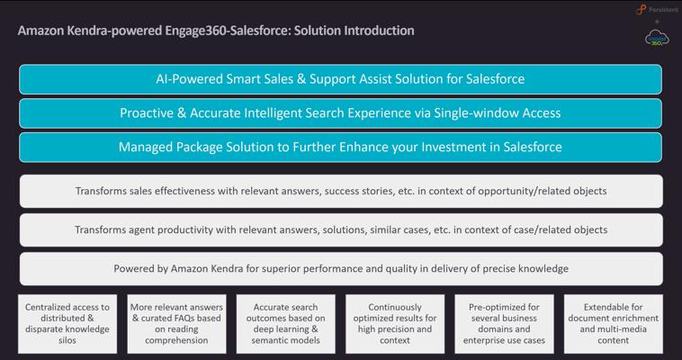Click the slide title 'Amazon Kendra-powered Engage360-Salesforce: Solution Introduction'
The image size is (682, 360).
[216, 31]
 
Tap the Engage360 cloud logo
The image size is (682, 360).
[657, 39]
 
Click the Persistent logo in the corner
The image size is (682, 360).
[657, 10]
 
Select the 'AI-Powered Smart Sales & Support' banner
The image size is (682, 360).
[341, 79]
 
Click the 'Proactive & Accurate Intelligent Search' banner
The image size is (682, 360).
[341, 113]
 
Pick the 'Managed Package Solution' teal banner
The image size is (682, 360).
[341, 147]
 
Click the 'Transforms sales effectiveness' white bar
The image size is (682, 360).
[341, 191]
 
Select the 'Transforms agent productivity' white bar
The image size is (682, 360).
[341, 229]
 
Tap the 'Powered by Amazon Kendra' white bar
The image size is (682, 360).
[341, 268]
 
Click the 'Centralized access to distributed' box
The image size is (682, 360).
[67, 324]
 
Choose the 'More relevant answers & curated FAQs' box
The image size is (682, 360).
[176, 324]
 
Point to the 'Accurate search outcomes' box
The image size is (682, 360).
[286, 324]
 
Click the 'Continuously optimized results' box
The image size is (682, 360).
[395, 324]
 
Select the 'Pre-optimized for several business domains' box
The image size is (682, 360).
[504, 324]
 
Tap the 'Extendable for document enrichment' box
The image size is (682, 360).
[614, 324]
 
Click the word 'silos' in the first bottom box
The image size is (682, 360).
[67, 340]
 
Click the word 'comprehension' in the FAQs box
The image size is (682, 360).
[176, 340]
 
